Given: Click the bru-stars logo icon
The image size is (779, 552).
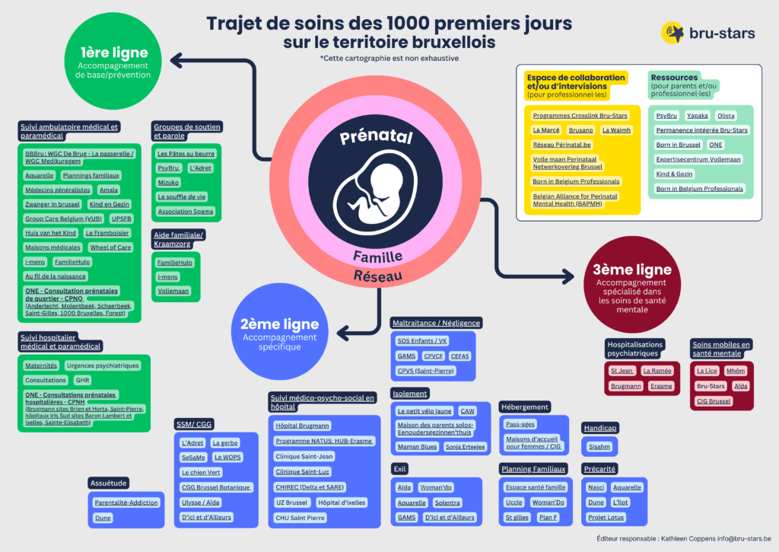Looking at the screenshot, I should coord(674,34).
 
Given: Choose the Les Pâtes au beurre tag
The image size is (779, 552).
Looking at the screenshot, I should coord(186,154).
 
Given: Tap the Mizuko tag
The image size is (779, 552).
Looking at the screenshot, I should coord(168,183).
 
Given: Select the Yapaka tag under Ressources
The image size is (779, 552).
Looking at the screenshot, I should coord(697,116).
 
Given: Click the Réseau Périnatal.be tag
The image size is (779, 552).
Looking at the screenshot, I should coord(562,145).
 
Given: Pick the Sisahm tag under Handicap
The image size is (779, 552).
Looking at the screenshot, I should coord(599,447).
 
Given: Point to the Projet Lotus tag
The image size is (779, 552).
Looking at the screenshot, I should coord(606,518).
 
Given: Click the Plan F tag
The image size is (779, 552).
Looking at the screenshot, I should coord(548,518).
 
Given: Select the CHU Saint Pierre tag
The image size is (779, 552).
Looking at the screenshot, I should coord(300,518).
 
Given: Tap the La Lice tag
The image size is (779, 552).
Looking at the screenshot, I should coord(707,372).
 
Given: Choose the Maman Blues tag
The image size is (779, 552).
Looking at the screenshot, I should coord(418,447).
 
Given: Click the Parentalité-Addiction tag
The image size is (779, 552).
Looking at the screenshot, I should coord(126,503).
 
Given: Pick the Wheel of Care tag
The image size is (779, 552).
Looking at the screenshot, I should coord(110,247).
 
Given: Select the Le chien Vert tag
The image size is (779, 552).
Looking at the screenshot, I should coord(201,473).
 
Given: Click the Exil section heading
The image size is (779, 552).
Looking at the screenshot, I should coord(401,469).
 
